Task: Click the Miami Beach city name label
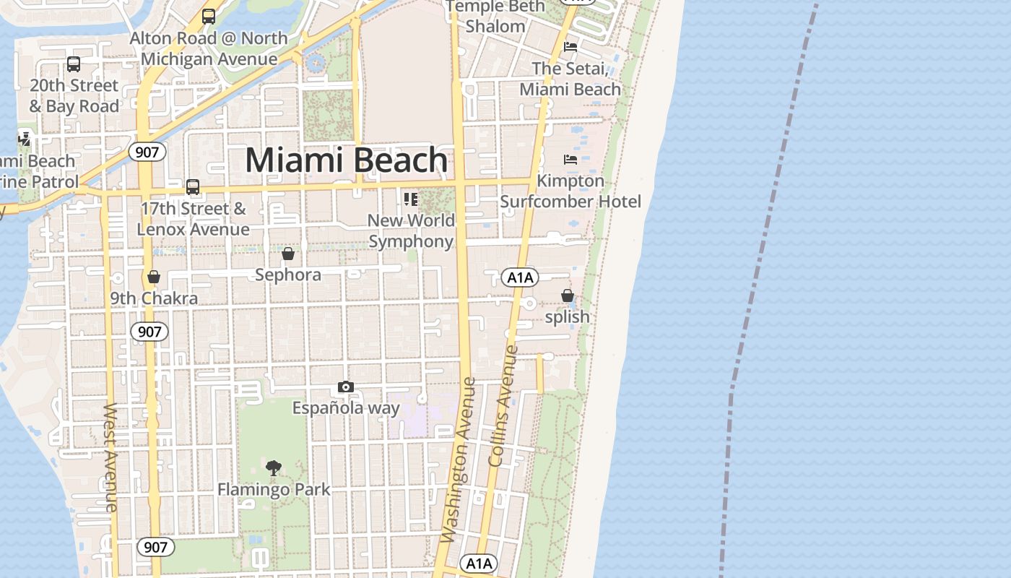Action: tap(347, 160)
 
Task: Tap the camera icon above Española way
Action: tap(346, 387)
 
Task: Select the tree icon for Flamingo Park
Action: tap(274, 468)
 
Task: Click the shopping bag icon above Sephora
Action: tap(288, 254)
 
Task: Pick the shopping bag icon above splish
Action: tap(568, 296)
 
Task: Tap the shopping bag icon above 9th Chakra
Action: tap(153, 277)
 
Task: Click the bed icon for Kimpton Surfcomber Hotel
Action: tap(570, 159)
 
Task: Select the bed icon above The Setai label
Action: tap(570, 47)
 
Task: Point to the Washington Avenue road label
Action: tap(459, 460)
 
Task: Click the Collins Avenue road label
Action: tap(503, 405)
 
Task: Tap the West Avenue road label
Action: tap(110, 457)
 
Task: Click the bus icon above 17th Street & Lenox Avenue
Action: tap(193, 187)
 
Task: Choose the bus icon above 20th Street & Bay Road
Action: tap(74, 64)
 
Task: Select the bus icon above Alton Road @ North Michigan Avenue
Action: tap(209, 16)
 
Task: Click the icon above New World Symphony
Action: tap(411, 199)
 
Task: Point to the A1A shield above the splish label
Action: tap(520, 277)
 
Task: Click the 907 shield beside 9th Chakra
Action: tap(149, 332)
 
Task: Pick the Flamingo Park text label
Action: tap(274, 490)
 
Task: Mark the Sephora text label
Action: tap(288, 275)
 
